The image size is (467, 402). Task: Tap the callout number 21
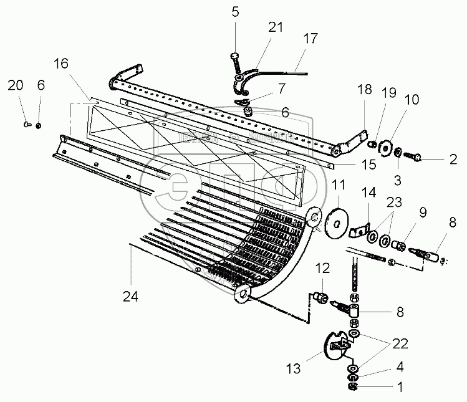pyautogui.click(x=276, y=27)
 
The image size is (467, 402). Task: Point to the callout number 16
pyautogui.click(x=60, y=64)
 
